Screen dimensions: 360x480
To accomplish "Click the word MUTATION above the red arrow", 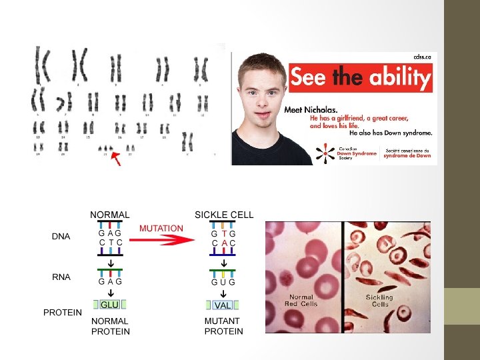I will click(161, 228).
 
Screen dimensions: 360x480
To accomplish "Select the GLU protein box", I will click(109, 305).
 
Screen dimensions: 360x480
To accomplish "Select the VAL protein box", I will click(223, 305).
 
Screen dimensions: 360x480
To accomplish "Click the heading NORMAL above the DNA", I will click(110, 215).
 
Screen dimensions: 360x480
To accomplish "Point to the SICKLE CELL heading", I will click(224, 215).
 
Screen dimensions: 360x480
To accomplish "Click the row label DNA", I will click(61, 237).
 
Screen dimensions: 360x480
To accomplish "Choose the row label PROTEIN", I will click(63, 312).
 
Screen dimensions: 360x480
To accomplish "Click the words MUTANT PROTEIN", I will click(223, 326).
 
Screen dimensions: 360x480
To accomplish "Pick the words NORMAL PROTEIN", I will click(110, 326).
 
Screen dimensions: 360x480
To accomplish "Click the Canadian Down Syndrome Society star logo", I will click(325, 154).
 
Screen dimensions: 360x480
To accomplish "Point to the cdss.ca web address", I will click(422, 57).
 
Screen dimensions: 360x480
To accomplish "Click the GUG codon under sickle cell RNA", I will click(223, 282).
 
